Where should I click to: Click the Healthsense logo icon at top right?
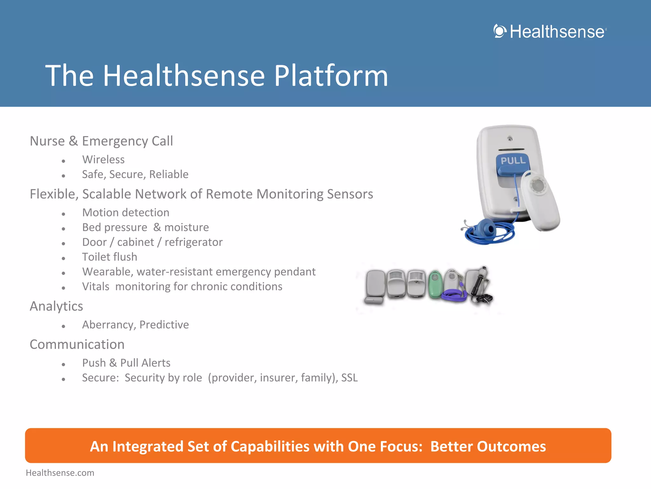(500, 31)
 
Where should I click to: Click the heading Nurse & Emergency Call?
(101, 141)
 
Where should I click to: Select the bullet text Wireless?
(103, 159)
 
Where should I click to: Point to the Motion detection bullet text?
(126, 213)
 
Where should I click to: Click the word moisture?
(186, 227)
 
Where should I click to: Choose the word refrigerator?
(194, 242)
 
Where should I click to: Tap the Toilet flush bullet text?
(110, 257)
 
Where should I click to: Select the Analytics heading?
(56, 306)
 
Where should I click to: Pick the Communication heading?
(77, 344)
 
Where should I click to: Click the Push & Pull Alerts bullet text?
(126, 363)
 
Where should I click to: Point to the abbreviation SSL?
(349, 378)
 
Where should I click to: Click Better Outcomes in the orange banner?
(488, 446)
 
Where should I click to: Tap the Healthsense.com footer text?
(60, 473)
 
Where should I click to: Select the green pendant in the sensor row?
(435, 284)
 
